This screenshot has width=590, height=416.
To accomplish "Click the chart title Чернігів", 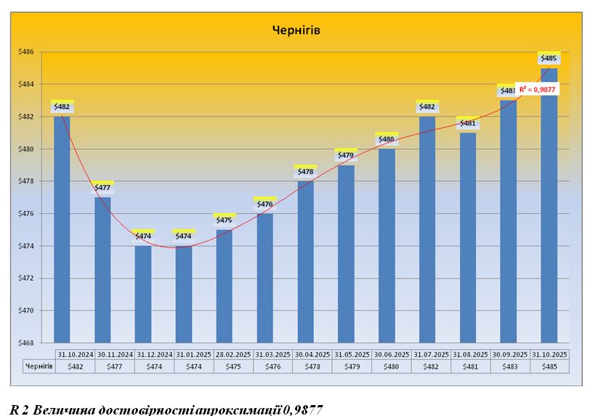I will coord(296,30).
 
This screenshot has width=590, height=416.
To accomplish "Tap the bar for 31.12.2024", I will coord(143,295).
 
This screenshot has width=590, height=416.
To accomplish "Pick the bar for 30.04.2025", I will coord(305,262).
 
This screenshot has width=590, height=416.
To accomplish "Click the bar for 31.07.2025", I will coord(427,229).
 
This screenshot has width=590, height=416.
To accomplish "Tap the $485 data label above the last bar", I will coord(549,57).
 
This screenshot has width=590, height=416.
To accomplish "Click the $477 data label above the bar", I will coord(102,187).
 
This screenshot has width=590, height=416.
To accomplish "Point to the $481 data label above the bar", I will coord(467,123).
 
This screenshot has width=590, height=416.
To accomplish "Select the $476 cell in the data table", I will coord(273,367).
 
